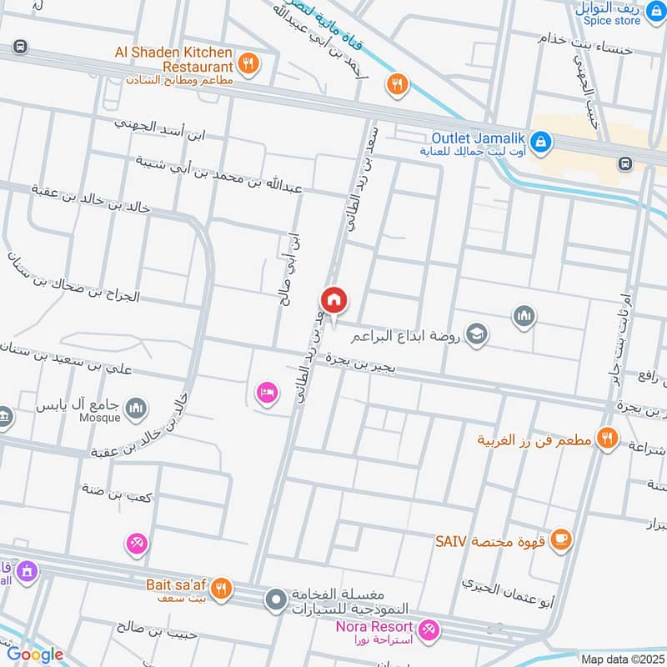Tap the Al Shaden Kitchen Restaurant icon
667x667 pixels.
pos(248,63)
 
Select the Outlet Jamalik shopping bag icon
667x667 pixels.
pos(541,143)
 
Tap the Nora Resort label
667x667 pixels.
pos(374,626)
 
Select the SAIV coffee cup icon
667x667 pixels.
pos(562,539)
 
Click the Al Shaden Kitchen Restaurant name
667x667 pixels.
pos(173,58)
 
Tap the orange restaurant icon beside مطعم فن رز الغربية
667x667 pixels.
pos(608,437)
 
